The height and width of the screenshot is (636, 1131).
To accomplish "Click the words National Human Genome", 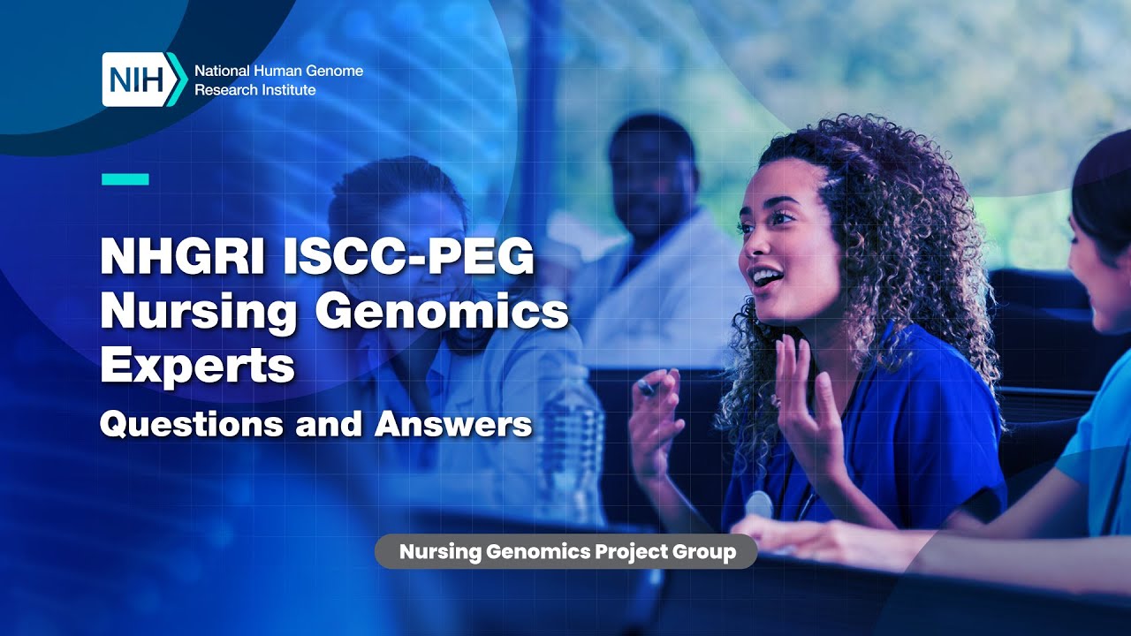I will pyautogui.click(x=278, y=71).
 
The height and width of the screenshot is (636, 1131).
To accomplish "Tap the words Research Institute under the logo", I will pyautogui.click(x=254, y=90).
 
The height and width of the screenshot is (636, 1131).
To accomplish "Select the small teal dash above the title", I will pyautogui.click(x=125, y=179).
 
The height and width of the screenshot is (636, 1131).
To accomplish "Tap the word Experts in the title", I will pyautogui.click(x=196, y=365).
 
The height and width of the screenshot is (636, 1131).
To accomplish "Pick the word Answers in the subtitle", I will pyautogui.click(x=453, y=424).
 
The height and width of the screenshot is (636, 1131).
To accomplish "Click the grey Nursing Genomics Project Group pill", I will pyautogui.click(x=566, y=552).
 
